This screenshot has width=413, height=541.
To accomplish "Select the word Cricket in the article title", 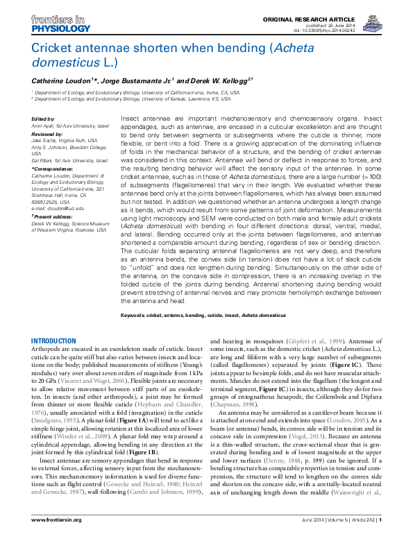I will tap(53, 49).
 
